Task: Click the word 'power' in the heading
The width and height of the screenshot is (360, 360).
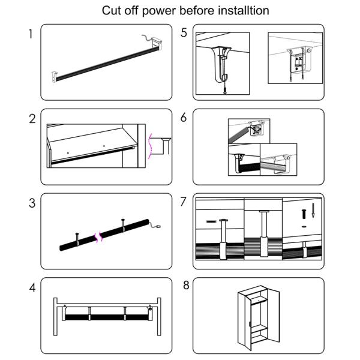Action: [x=155, y=11]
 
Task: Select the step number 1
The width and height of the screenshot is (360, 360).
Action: [x=30, y=34]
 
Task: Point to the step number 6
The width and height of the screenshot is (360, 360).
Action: [x=184, y=118]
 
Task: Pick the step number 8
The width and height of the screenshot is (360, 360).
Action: [x=186, y=285]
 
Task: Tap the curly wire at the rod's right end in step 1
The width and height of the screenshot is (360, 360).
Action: [x=146, y=37]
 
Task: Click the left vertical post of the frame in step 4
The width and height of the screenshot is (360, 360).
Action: [x=56, y=318]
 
